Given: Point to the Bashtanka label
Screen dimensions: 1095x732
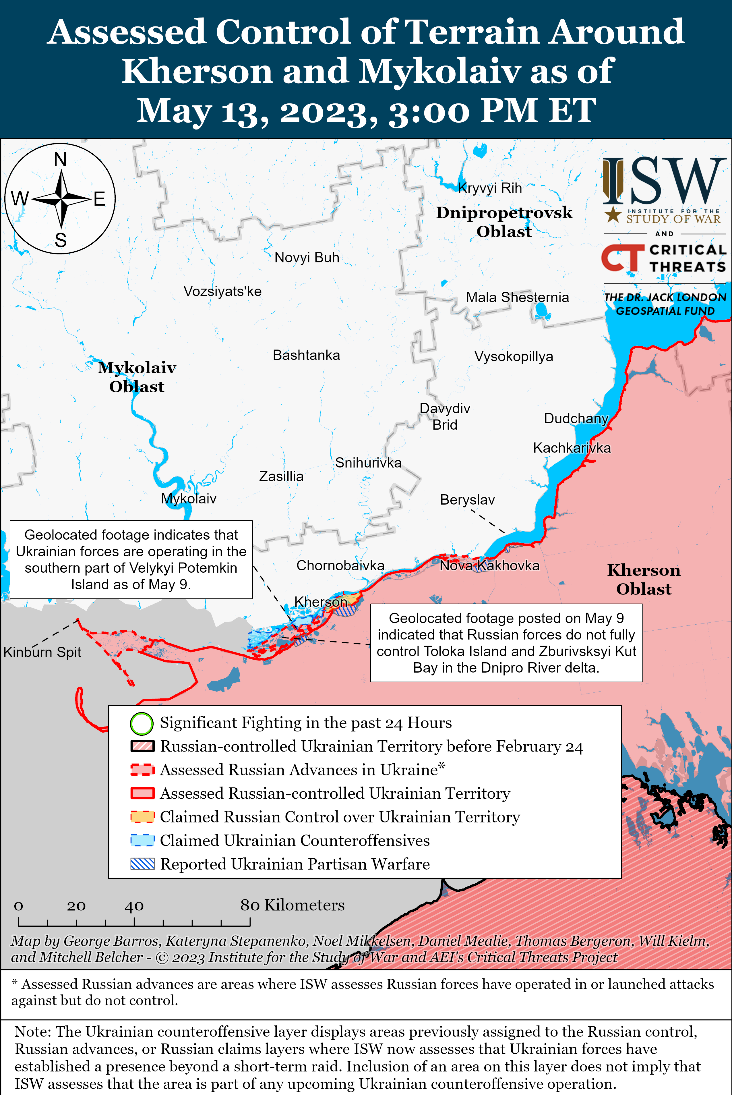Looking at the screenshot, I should coord(306,355).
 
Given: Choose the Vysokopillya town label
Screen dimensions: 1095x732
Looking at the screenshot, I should coord(514,356).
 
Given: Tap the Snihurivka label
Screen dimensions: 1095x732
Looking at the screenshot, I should coord(368,463).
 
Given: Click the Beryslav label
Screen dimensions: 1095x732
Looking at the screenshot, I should coord(467,500).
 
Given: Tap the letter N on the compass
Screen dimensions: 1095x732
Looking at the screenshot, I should coord(60,160).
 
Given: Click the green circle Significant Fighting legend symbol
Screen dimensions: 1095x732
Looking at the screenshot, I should coord(142,723).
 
